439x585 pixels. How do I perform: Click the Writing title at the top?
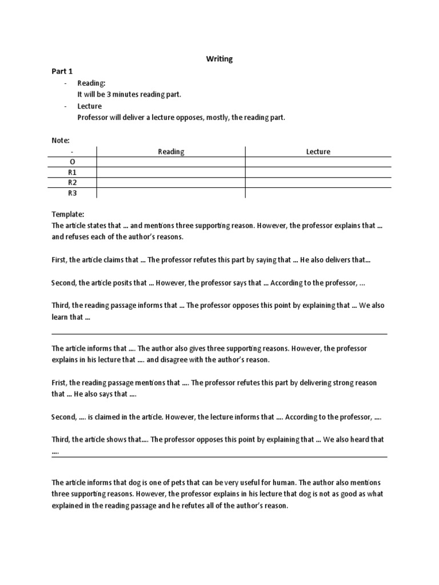[x=219, y=59]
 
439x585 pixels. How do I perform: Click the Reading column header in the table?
[x=171, y=151]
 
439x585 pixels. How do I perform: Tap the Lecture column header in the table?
[x=318, y=151]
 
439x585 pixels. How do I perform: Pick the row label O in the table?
[x=72, y=162]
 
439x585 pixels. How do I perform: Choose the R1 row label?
[x=72, y=172]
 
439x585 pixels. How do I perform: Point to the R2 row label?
[x=72, y=182]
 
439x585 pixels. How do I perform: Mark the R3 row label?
[x=72, y=193]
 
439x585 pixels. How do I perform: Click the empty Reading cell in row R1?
[x=171, y=172]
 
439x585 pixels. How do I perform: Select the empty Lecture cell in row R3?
[x=318, y=193]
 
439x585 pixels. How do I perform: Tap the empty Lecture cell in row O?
[x=318, y=162]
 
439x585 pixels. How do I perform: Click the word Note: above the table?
[x=60, y=140]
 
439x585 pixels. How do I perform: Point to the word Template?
[x=67, y=214]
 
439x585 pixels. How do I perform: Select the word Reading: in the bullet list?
[x=91, y=83]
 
